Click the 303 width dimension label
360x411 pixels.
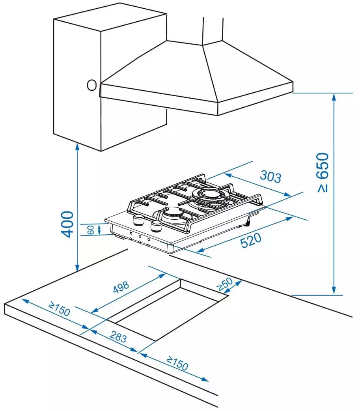pos(270,176)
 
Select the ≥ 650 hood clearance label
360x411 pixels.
pos(322,172)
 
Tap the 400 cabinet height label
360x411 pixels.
pos(67,224)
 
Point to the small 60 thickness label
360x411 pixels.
pos(90,230)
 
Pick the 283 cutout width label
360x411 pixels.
pos(118,338)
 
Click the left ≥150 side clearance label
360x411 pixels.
pos(59,310)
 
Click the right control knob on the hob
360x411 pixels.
pos(156,226)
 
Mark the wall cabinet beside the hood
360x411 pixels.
pos(79,59)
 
